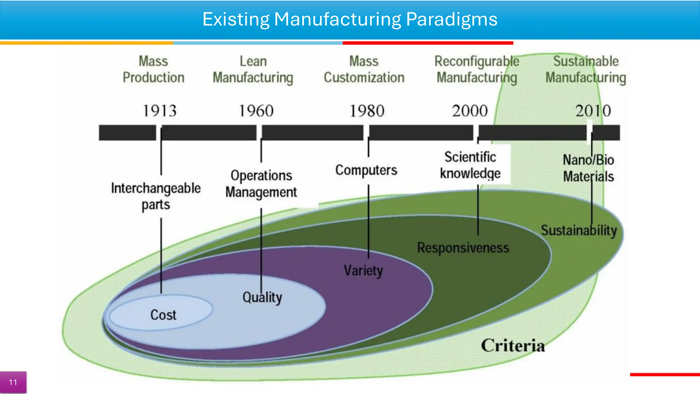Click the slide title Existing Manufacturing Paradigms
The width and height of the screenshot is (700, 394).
pos(350,19)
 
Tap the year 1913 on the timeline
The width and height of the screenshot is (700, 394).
pos(160,111)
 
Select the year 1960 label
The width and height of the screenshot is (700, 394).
pos(256,111)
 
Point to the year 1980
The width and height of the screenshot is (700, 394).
pos(367,111)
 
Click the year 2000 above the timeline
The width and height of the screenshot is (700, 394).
pos(470,111)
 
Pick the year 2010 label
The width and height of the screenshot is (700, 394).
pos(593,111)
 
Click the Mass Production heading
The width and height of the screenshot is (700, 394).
pos(153,69)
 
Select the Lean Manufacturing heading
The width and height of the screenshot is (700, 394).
pos(253,69)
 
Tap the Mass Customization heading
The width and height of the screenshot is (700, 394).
pos(364,69)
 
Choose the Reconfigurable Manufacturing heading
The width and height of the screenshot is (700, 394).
pos(477,69)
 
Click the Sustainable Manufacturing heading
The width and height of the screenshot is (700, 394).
pos(586,69)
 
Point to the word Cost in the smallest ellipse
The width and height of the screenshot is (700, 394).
pos(163,315)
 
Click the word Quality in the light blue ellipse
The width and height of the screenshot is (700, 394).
pos(262,297)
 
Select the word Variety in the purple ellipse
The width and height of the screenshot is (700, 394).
pos(363,271)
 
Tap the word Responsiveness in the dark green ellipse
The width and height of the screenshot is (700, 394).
pos(463,248)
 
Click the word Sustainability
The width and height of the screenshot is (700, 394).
pos(579,230)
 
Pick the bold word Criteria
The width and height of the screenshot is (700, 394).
pos(513,345)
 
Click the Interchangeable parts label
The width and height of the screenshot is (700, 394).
pos(156,196)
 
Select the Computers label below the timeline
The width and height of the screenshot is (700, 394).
pos(366,170)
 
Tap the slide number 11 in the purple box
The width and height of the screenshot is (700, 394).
pos(13,382)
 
